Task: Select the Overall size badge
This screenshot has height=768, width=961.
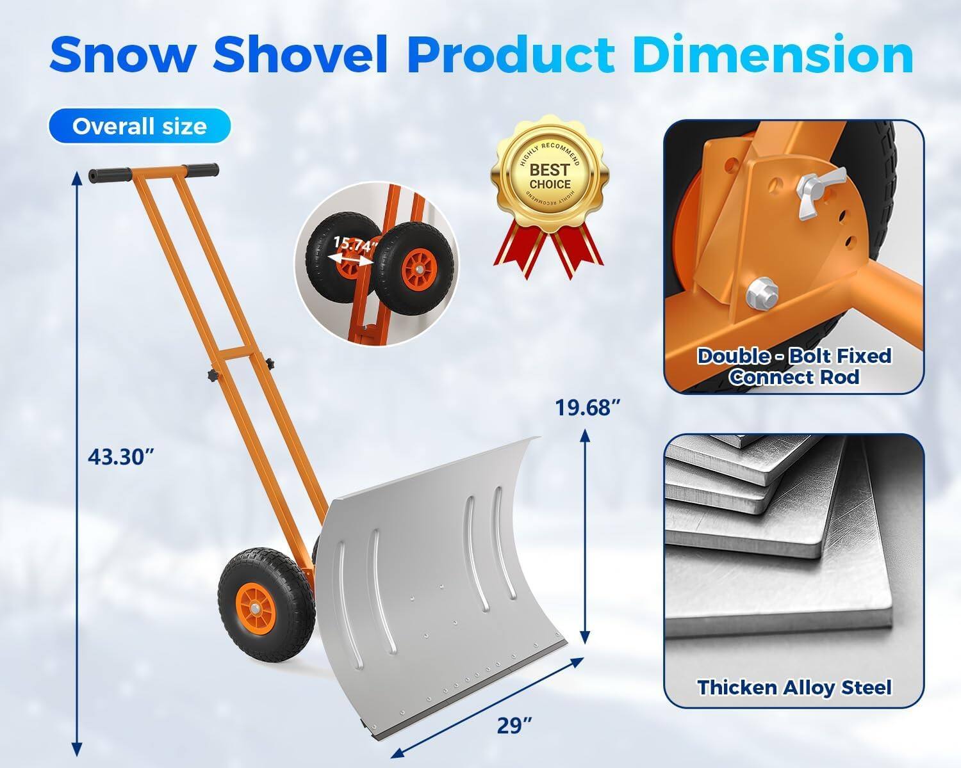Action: (x=139, y=126)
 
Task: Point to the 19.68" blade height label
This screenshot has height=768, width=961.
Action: (x=587, y=408)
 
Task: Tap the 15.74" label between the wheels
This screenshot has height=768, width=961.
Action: (x=354, y=244)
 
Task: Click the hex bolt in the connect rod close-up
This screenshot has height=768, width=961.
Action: (x=760, y=290)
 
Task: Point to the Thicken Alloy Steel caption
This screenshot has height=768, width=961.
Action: (x=794, y=687)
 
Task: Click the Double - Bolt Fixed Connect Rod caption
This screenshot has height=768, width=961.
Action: (x=794, y=366)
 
